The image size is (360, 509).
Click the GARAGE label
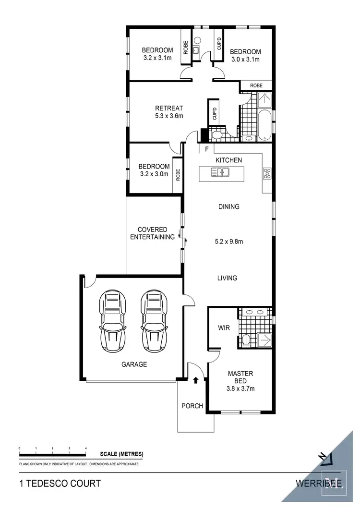pyautogui.click(x=134, y=364)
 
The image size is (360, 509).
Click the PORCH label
pyautogui.click(x=192, y=406)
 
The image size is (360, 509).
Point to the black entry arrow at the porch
pyautogui.click(x=196, y=381)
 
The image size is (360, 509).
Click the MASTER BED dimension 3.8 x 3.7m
pyautogui.click(x=240, y=388)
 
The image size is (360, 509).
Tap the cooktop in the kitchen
pyautogui.click(x=267, y=174)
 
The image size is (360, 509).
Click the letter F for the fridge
pyautogui.click(x=206, y=149)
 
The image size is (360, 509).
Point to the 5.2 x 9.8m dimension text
pyautogui.click(x=228, y=242)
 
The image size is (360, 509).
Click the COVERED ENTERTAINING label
pyautogui.click(x=152, y=233)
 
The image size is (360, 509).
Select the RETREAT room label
pyautogui.click(x=169, y=108)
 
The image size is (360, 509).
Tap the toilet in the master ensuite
pyautogui.click(x=246, y=340)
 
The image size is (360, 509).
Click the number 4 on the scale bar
pyautogui.click(x=86, y=448)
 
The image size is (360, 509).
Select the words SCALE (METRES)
pyautogui.click(x=121, y=454)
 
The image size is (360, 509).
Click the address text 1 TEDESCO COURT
pyautogui.click(x=60, y=483)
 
